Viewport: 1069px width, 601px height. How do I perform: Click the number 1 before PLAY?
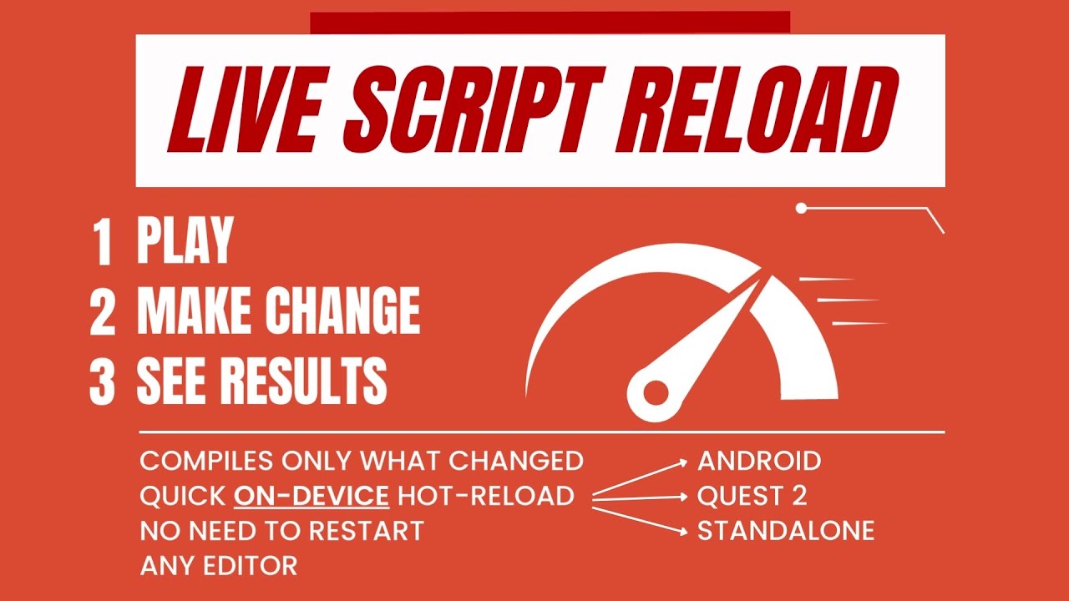(104, 242)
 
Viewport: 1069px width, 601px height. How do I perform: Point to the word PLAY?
(185, 241)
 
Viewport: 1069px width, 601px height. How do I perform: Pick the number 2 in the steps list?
(103, 311)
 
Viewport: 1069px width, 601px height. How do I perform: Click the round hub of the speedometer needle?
(655, 390)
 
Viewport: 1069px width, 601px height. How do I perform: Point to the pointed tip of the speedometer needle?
(757, 282)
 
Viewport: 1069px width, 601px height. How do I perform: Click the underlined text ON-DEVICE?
(312, 496)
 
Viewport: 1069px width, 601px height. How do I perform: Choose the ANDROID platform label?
(759, 461)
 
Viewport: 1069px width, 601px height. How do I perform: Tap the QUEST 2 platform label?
(752, 496)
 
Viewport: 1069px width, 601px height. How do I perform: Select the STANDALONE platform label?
(786, 531)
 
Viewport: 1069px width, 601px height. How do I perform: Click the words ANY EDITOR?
(219, 566)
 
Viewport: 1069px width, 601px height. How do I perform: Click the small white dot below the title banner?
(801, 208)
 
